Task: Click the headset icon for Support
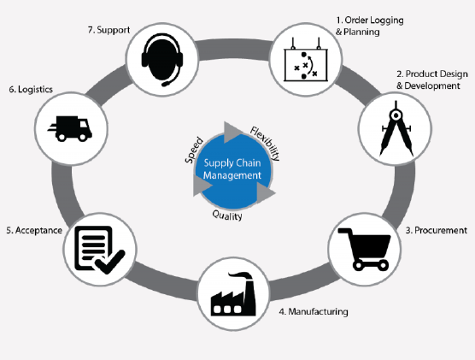point(162,60)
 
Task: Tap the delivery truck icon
point(70,128)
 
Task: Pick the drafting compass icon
point(396,128)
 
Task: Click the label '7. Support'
point(108,30)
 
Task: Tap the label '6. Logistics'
point(31,90)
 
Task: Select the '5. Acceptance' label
point(34,231)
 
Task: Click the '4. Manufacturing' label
point(314,312)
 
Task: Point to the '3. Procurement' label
point(437,231)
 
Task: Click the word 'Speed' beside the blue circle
point(194,150)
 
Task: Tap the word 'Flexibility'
point(265,144)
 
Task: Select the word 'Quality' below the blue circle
point(227,215)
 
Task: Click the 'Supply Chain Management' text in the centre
point(232,169)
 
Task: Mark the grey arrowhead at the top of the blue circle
point(232,133)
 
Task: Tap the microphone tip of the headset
point(166,84)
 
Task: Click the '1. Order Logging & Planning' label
point(370,27)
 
